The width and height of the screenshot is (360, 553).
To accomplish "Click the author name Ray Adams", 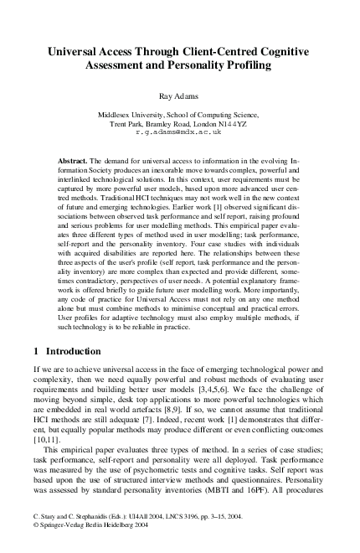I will coord(179,96).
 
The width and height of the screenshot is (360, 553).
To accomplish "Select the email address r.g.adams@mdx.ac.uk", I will coord(179,132).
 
